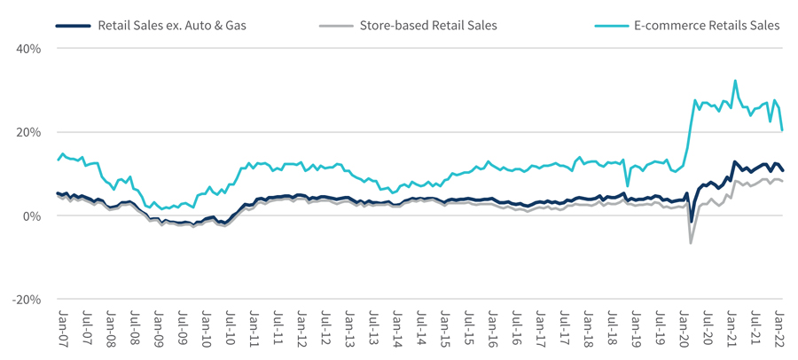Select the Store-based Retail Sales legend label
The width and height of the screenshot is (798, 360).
[x=428, y=26]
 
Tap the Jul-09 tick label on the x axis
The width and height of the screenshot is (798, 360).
[x=182, y=327]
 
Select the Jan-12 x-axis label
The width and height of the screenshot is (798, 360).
[x=301, y=327]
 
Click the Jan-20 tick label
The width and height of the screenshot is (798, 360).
[x=685, y=327]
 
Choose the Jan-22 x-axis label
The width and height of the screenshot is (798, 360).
[x=780, y=327]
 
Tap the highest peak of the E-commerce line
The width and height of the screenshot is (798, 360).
[x=735, y=81]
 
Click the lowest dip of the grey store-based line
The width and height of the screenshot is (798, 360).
[x=691, y=242]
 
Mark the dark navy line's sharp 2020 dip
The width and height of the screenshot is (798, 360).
[x=692, y=222]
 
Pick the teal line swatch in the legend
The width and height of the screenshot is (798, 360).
[x=610, y=26]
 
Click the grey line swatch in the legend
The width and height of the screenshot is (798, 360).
[x=335, y=26]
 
